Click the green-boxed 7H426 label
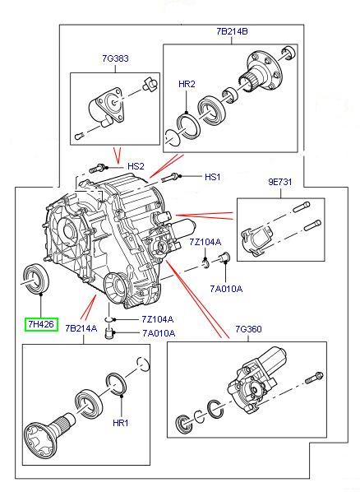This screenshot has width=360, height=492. pos(41,323)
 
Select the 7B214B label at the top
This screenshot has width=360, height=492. pos(232,31)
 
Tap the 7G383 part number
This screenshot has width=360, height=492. pos(115,58)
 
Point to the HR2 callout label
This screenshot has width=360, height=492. pos(187,84)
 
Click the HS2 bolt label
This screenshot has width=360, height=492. pos(136,166)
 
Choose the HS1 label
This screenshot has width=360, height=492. pos(212,177)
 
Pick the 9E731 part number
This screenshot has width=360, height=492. pos(280,182)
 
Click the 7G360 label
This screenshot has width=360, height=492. pos(248,329)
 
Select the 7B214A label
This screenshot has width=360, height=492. pos(81,328)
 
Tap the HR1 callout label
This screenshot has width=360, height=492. pos(121,423)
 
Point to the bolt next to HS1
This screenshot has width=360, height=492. pos(170,178)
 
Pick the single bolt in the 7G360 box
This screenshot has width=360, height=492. pos(314,378)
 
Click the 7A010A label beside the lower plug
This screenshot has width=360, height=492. pos(159,333)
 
